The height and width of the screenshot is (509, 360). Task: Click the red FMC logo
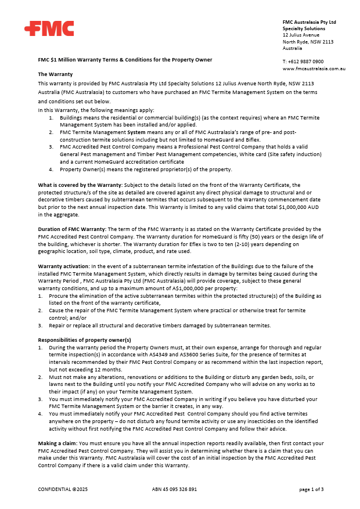pos(49,28)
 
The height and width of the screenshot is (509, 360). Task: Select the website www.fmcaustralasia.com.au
pos(314,68)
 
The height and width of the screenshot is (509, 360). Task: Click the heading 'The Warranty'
pos(55,74)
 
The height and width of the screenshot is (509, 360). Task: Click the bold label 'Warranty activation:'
pos(62,266)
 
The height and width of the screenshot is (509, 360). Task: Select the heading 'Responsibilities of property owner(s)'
pos(84,340)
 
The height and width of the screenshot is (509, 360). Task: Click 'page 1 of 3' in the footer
pos(311,489)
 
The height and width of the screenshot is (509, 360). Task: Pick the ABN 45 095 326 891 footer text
pos(174,489)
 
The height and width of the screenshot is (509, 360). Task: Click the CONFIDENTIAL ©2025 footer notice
pos(63,489)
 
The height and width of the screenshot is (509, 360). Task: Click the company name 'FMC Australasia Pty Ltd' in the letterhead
pos(309,22)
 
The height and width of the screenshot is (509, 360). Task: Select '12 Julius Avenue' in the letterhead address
pos(301,35)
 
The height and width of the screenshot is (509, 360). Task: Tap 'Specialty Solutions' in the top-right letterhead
pos(304,28)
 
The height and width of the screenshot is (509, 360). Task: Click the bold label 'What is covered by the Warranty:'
pos(80,185)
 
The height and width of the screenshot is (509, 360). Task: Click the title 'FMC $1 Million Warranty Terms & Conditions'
pos(125,59)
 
